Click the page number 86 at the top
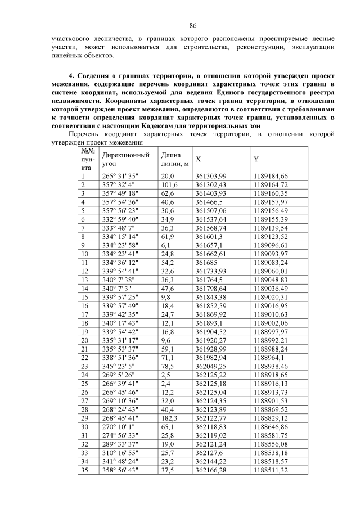(x=192, y=26)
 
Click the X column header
(x=198, y=159)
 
